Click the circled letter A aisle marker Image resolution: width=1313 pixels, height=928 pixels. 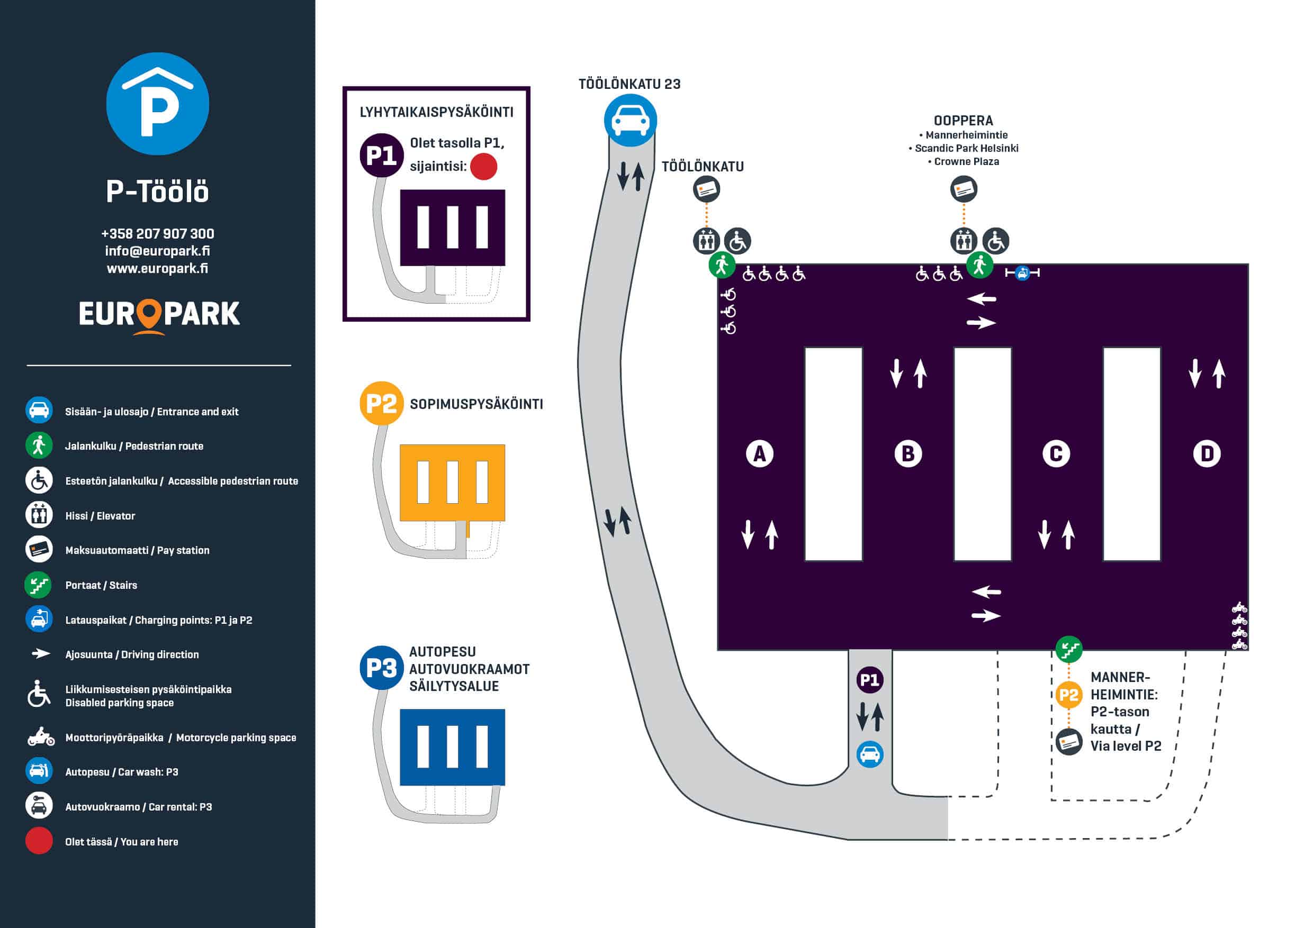[759, 454]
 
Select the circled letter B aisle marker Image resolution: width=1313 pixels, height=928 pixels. [907, 454]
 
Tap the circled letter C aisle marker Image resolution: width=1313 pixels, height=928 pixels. [1056, 454]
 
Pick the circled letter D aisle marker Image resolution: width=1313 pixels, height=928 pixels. [1207, 454]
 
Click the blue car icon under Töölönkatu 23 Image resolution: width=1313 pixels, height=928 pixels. [630, 121]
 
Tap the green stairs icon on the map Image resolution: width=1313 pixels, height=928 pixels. [1068, 650]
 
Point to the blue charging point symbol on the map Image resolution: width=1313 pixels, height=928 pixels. [1022, 273]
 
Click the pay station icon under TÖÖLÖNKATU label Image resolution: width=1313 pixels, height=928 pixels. [706, 189]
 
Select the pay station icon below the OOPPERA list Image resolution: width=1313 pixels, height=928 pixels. [964, 189]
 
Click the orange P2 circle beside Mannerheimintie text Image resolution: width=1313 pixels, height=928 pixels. [1068, 695]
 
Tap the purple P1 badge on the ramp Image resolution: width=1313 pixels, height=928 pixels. [870, 680]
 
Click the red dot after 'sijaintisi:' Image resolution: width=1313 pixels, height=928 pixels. [484, 166]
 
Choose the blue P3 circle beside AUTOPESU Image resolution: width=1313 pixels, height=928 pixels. [381, 667]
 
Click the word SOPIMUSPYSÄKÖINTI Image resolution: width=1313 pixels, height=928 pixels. [476, 404]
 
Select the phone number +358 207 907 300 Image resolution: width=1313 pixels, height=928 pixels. [157, 234]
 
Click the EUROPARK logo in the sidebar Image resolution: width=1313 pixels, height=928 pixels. [159, 315]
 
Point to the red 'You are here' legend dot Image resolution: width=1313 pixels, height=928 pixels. [39, 841]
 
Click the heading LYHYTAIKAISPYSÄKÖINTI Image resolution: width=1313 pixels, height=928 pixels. [436, 112]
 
